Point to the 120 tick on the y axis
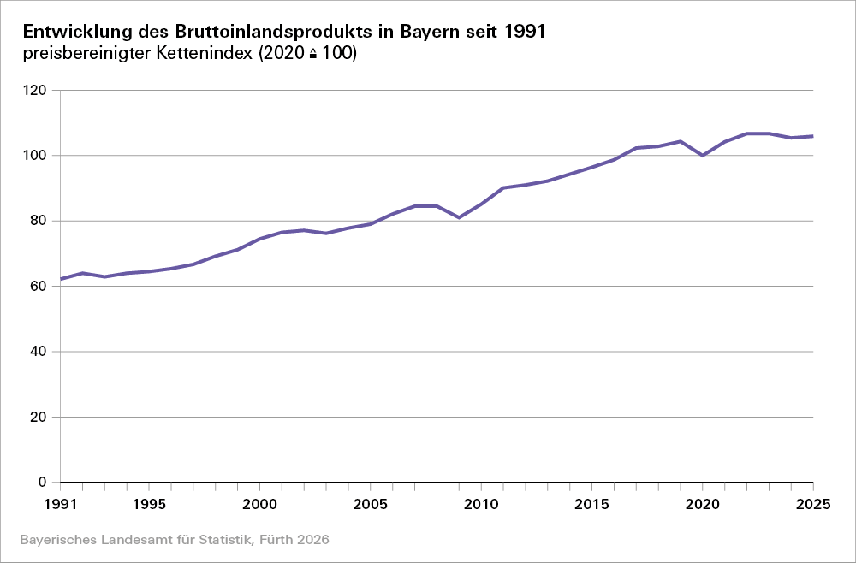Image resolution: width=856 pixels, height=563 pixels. pyautogui.click(x=35, y=90)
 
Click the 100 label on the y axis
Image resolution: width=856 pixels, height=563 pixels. pyautogui.click(x=35, y=156)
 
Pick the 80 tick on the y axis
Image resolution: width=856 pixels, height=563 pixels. pyautogui.click(x=39, y=221)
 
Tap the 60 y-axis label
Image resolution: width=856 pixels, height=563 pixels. pyautogui.click(x=39, y=287)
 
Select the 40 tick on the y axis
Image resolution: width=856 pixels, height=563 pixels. pyautogui.click(x=39, y=352)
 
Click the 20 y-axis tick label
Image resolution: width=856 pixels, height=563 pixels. pyautogui.click(x=39, y=418)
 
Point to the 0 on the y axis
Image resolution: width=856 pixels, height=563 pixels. pyautogui.click(x=42, y=483)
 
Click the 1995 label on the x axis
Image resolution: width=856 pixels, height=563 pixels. pyautogui.click(x=149, y=503)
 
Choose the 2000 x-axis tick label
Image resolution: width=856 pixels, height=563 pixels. pyautogui.click(x=259, y=503)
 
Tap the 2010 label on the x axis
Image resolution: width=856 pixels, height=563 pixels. pyautogui.click(x=481, y=503)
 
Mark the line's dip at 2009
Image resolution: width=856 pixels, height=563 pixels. pyautogui.click(x=459, y=217)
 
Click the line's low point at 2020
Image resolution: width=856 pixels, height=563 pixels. pyautogui.click(x=703, y=156)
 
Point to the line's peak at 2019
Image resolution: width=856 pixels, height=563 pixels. pyautogui.click(x=681, y=141)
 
